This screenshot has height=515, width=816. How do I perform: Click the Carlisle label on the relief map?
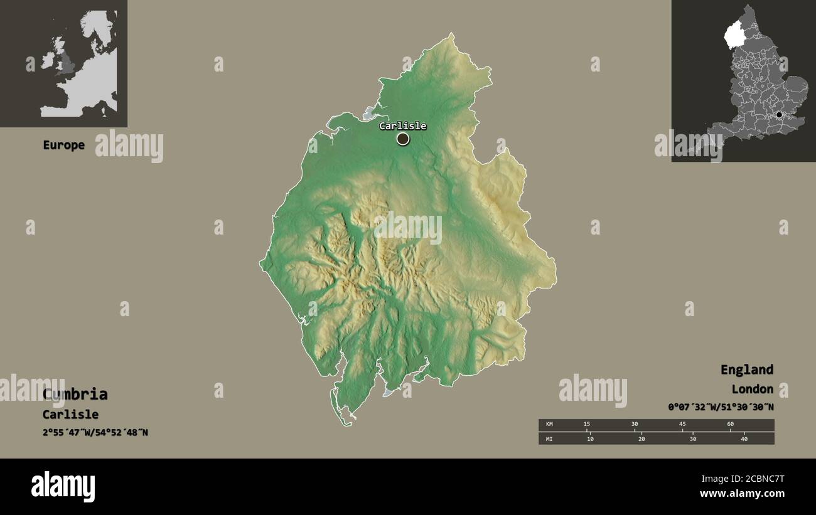402,126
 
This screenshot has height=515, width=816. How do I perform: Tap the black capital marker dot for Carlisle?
403,139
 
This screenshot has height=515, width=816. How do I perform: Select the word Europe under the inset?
63,145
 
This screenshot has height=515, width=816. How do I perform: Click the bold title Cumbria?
75,394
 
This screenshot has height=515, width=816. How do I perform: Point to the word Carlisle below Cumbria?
70,414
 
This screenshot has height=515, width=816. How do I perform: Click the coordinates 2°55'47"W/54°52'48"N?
95,432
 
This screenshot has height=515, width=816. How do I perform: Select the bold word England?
746,369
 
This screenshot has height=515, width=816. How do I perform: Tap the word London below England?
752,389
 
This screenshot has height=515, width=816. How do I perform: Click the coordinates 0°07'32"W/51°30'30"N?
721,406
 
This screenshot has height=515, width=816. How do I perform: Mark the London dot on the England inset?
779,115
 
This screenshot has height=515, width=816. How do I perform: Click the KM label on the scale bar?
549,425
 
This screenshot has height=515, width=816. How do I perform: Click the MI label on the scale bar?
549,438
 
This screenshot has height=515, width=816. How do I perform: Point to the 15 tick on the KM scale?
587,425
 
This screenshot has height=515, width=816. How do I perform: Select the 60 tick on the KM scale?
730,425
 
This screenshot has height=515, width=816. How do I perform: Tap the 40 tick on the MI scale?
744,438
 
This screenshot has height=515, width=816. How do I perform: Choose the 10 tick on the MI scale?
590,438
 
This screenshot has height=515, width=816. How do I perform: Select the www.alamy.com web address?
741,494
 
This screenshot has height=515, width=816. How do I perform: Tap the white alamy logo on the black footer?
63,487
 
